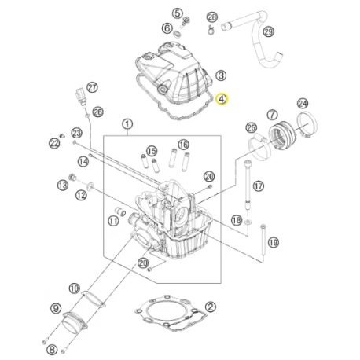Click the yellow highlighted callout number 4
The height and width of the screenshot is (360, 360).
(x=222, y=99)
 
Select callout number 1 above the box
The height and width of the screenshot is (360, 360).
(x=127, y=124)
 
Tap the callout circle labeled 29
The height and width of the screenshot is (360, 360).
(x=268, y=32)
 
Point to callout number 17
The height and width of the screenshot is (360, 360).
(x=258, y=186)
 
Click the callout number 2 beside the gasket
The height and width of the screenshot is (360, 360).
(x=211, y=307)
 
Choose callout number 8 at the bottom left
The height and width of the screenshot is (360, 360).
(x=52, y=350)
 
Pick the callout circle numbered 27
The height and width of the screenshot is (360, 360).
(x=92, y=87)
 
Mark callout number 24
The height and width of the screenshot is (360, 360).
(x=303, y=104)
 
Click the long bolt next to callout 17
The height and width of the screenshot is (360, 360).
(x=248, y=185)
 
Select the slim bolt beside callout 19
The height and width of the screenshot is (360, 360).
(x=263, y=241)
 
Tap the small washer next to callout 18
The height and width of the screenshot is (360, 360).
(x=248, y=222)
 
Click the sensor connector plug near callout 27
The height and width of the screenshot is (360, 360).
(x=79, y=93)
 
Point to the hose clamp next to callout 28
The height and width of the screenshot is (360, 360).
(x=211, y=30)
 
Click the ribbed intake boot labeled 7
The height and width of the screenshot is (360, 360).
(x=284, y=135)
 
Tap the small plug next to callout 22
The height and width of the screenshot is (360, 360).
(x=62, y=136)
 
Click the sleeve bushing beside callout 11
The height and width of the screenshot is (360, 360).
(x=120, y=211)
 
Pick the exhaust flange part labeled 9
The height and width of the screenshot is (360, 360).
(x=75, y=322)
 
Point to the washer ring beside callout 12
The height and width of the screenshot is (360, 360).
(x=90, y=186)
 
